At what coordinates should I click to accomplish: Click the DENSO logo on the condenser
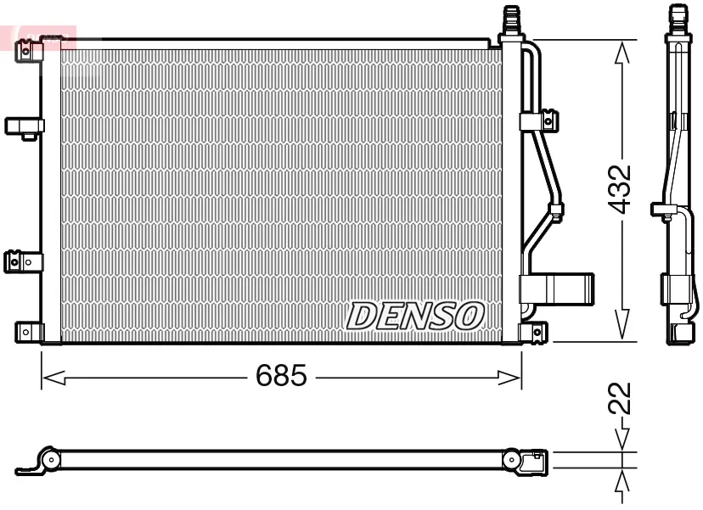click(415, 316)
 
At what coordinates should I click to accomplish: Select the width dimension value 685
click(281, 376)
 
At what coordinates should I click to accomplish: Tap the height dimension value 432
click(621, 188)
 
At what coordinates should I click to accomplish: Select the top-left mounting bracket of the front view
click(29, 51)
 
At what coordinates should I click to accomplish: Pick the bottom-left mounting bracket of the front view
click(28, 331)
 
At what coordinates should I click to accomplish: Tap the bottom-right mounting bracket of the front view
click(535, 331)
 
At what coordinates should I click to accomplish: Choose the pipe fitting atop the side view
click(677, 17)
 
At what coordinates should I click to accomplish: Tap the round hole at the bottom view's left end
click(52, 461)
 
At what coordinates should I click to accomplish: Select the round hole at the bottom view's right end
click(512, 460)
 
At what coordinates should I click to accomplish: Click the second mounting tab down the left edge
click(24, 126)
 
